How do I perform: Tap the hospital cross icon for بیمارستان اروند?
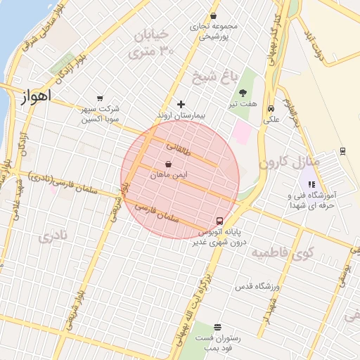[x=181, y=104]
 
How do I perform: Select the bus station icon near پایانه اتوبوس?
[x=221, y=220]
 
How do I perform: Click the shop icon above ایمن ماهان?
[x=167, y=164]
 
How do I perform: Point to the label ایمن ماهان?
[x=167, y=173]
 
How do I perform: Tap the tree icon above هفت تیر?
[x=243, y=93]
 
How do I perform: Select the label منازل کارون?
[x=290, y=162]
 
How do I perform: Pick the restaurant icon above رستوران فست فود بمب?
[x=217, y=327]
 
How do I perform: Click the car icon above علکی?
[x=271, y=108]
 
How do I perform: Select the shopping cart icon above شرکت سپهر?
[x=99, y=98]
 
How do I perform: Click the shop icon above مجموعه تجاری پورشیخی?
[x=213, y=15]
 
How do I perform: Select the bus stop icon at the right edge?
[x=342, y=150]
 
